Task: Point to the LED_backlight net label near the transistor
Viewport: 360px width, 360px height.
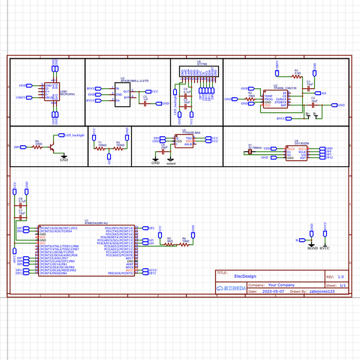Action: [74, 136]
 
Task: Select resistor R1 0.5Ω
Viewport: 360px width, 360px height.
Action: [296, 76]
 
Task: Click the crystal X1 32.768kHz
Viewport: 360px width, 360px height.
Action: [250, 152]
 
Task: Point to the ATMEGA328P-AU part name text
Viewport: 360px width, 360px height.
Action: [97, 223]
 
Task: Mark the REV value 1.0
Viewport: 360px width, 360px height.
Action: [341, 277]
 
